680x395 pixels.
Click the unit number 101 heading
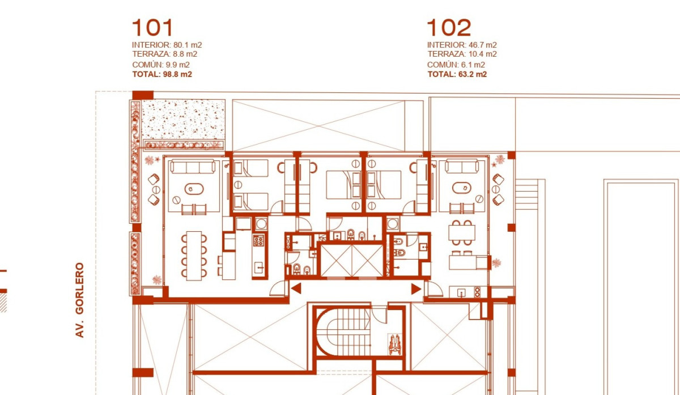152,27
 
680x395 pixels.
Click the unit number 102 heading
449,27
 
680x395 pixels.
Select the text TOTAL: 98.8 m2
162,74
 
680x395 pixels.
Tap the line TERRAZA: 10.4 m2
462,54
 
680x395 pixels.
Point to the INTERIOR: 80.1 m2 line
167,45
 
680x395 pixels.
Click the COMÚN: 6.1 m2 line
456,65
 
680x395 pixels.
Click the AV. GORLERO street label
79,300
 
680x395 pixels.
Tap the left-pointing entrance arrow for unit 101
296,288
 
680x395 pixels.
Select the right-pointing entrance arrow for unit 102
416,288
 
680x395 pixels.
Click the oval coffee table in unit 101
194,189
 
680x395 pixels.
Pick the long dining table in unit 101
194,256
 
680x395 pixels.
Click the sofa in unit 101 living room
193,167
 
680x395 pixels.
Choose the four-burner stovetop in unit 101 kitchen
258,240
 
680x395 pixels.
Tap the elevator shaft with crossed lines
352,261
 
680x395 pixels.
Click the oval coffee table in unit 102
462,188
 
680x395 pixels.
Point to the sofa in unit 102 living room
462,167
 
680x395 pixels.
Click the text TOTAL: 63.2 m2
457,74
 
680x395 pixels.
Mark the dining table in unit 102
462,232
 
